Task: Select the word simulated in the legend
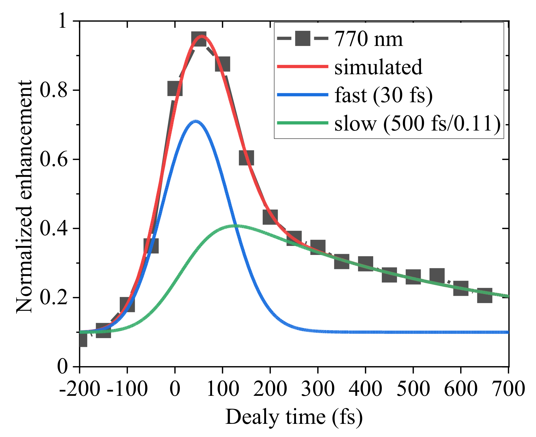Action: [378, 67]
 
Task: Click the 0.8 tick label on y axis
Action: [54, 90]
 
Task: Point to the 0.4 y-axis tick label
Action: [54, 229]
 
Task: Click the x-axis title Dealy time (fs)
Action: [294, 417]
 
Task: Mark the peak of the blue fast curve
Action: [196, 121]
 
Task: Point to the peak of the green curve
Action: [236, 226]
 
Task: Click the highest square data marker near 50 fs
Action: [199, 39]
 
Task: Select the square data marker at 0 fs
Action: [175, 89]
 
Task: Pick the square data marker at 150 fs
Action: [246, 157]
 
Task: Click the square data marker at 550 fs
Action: [437, 275]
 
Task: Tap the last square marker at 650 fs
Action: [485, 295]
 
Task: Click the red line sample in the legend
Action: [302, 66]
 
